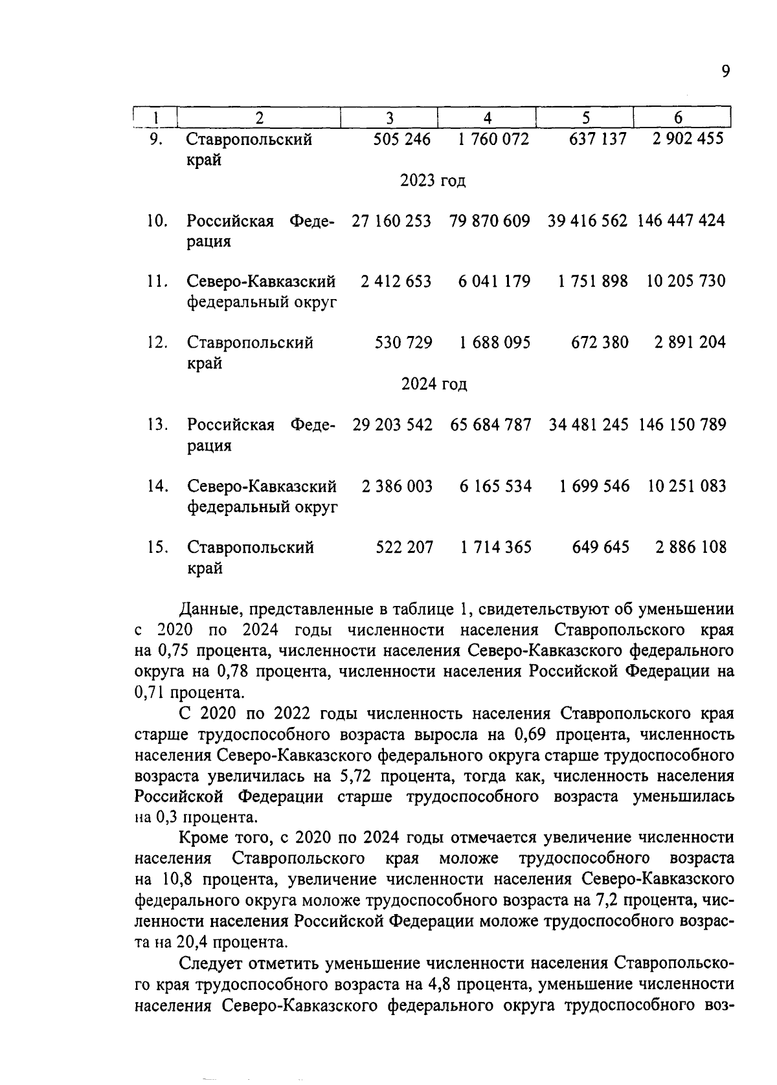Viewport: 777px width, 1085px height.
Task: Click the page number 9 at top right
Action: pyautogui.click(x=726, y=71)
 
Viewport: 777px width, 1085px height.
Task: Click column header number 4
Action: pyautogui.click(x=488, y=118)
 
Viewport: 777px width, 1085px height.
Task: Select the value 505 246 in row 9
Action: pyautogui.click(x=401, y=139)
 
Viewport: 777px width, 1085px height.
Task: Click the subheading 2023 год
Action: pyautogui.click(x=433, y=181)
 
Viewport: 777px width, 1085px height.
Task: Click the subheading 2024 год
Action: pyautogui.click(x=434, y=385)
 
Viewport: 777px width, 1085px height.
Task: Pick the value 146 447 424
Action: pyautogui.click(x=681, y=221)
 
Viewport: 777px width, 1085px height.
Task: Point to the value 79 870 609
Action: pyautogui.click(x=490, y=221)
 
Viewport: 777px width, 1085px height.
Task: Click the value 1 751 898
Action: pyautogui.click(x=592, y=282)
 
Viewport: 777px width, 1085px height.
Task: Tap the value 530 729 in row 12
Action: pyautogui.click(x=403, y=342)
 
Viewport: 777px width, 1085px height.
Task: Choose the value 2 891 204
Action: pyautogui.click(x=690, y=342)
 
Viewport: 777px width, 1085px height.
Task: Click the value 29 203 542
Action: pyautogui.click(x=392, y=425)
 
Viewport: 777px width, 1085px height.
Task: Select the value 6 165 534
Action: pyautogui.click(x=495, y=486)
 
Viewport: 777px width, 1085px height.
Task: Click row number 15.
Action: pyautogui.click(x=157, y=548)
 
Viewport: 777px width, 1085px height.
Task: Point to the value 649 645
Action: pyautogui.click(x=600, y=548)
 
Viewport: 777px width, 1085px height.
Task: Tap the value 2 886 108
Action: pyautogui.click(x=690, y=548)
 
